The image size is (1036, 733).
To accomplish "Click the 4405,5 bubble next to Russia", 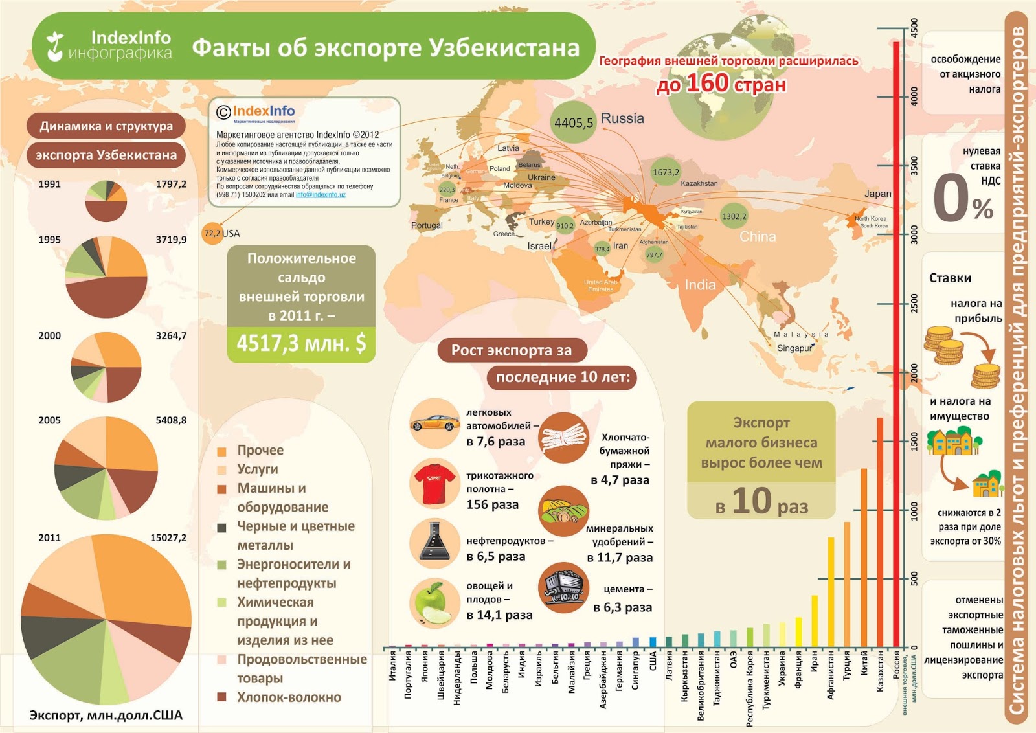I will click(x=573, y=122).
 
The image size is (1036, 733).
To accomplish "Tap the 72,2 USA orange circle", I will click(x=212, y=234).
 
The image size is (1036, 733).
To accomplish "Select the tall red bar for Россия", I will click(x=896, y=343).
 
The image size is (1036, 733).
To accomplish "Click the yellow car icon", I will click(x=434, y=423).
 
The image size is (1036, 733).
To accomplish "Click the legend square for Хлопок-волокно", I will click(x=222, y=697).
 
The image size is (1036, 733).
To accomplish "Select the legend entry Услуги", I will click(x=257, y=469).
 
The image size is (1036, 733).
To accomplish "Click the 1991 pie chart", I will click(x=106, y=201).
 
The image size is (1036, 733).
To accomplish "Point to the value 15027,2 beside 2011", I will click(x=168, y=537).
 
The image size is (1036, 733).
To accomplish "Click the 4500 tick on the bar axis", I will click(x=914, y=28).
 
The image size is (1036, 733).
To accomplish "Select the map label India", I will click(x=700, y=285).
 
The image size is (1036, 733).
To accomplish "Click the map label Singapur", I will click(x=794, y=348).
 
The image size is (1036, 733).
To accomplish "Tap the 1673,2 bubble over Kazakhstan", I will click(x=666, y=172).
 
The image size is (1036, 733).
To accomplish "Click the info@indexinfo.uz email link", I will click(x=321, y=195).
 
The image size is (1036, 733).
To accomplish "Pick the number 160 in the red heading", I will click(x=707, y=83).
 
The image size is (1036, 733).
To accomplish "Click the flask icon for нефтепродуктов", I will click(x=434, y=543).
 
